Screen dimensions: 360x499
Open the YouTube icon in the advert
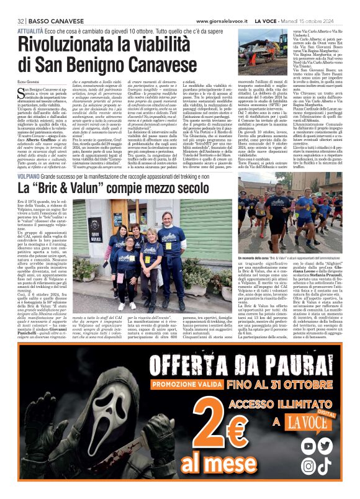(308, 445)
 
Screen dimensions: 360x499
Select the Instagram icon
(308, 463)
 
